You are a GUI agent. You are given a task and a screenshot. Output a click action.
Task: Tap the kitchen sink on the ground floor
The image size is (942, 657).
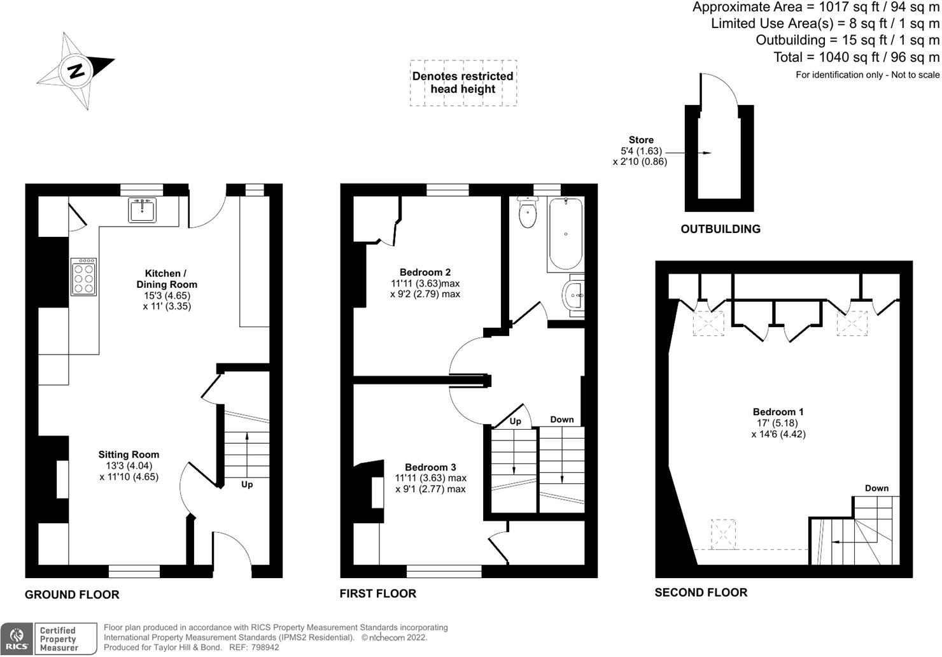[x=142, y=210]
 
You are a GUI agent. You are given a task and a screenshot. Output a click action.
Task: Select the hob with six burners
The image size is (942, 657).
[x=83, y=277]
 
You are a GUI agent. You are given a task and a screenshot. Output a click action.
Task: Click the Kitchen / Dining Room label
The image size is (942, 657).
[x=167, y=279]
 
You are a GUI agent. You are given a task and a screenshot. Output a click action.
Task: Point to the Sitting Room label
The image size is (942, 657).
[x=129, y=455]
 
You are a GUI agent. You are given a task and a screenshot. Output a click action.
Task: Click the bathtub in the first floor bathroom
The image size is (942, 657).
[x=565, y=234]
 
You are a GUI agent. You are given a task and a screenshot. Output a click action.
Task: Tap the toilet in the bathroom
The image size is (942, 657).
[x=528, y=213]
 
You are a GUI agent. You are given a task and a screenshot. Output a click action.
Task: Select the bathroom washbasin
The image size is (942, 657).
[x=574, y=295]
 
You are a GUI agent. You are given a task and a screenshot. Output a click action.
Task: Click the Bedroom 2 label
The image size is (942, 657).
[x=425, y=272]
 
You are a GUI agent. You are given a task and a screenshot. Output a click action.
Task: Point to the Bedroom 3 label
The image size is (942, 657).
[x=430, y=467]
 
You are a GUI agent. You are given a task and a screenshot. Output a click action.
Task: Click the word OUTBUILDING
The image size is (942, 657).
[x=721, y=229]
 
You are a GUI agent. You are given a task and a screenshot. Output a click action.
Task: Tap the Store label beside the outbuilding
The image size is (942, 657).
[x=641, y=140]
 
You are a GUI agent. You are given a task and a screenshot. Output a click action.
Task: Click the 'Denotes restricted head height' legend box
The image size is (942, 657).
[x=463, y=83]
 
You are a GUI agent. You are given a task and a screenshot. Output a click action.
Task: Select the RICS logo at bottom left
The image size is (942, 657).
[x=17, y=639]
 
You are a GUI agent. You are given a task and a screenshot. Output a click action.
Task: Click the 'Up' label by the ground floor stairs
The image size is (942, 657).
[x=247, y=484]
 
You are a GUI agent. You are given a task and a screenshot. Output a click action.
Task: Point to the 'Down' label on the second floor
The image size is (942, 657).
[x=876, y=488]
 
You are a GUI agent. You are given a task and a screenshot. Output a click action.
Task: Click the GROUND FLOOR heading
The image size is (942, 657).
[x=72, y=595]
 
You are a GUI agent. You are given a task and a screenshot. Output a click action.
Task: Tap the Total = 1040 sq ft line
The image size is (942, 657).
[x=856, y=57]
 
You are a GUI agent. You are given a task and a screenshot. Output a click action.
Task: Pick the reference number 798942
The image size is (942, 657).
[x=264, y=647]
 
